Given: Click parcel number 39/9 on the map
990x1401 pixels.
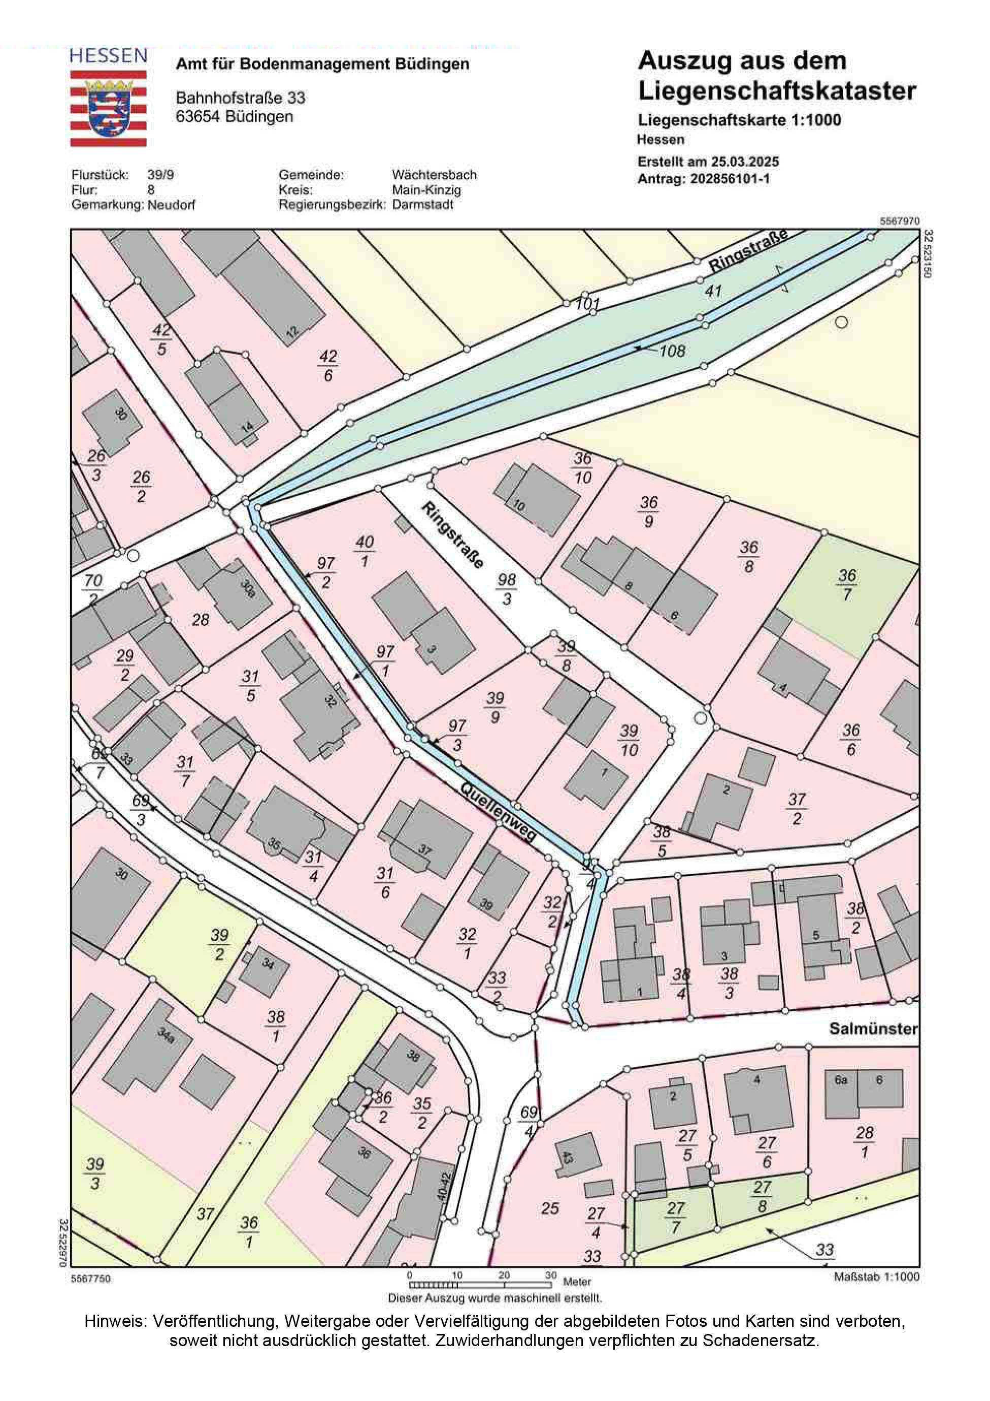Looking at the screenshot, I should (x=494, y=707).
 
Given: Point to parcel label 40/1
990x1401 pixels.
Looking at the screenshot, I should (x=364, y=551).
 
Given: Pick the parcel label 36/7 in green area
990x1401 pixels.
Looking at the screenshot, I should (x=847, y=584).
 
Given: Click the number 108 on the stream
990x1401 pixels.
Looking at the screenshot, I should (x=672, y=351).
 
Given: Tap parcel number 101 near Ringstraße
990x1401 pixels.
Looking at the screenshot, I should (x=587, y=303).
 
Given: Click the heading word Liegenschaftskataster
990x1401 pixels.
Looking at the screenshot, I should (x=776, y=91).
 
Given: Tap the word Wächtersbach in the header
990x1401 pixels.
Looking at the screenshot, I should (x=434, y=175).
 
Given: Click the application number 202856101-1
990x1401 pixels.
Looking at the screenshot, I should (x=730, y=179).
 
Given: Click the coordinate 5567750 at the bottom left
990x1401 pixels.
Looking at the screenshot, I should (x=91, y=1278).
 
